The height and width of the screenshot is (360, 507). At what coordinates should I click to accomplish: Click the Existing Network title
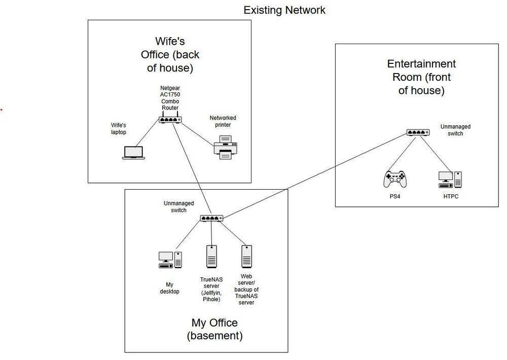point(284,10)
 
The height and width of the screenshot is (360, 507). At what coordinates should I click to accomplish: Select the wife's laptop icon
point(133,153)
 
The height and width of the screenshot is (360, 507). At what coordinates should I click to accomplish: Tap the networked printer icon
point(226,148)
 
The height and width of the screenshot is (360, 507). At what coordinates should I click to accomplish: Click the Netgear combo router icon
point(170,118)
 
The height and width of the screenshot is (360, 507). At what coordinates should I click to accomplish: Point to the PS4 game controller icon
point(395,179)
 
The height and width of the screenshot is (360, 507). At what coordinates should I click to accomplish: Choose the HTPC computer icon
point(450,180)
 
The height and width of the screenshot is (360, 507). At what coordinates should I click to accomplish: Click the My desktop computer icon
point(170,260)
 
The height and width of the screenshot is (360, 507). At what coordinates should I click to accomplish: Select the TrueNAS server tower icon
point(211,257)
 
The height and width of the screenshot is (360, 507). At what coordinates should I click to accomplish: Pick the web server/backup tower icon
point(247,257)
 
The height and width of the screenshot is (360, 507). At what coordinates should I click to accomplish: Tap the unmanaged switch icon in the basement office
point(211,219)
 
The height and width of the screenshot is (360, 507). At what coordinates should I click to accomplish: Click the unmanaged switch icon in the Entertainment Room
point(418,132)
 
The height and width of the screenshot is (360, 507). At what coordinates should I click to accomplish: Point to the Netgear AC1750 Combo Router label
point(170,98)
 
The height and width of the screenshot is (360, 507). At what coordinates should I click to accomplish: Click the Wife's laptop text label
point(119,129)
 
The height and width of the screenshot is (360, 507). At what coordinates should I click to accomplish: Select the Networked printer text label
point(223,121)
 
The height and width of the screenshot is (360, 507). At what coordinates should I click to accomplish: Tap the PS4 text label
point(395,196)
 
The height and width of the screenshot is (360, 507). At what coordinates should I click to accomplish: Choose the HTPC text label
point(451,196)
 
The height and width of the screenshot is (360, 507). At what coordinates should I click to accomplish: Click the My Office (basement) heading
point(214,329)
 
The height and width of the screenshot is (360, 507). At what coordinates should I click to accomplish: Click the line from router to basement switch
point(192,168)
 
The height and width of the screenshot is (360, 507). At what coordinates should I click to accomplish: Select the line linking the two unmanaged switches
point(315,175)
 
